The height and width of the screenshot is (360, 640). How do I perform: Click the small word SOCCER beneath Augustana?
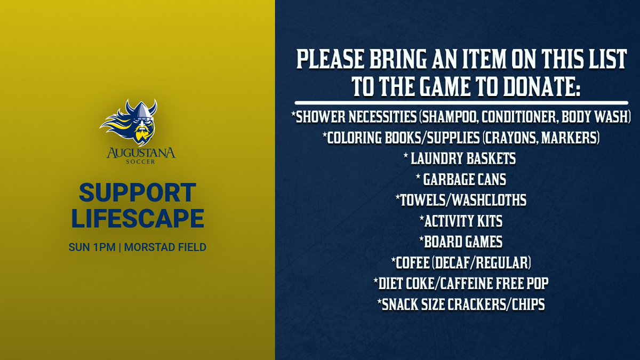[x=138, y=163]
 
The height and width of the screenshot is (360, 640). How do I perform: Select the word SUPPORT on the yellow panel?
[x=138, y=194]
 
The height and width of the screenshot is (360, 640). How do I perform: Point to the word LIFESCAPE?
[x=138, y=219]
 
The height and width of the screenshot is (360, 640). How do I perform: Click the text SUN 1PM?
[x=91, y=248]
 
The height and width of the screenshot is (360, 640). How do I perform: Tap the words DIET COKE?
[x=409, y=283]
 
